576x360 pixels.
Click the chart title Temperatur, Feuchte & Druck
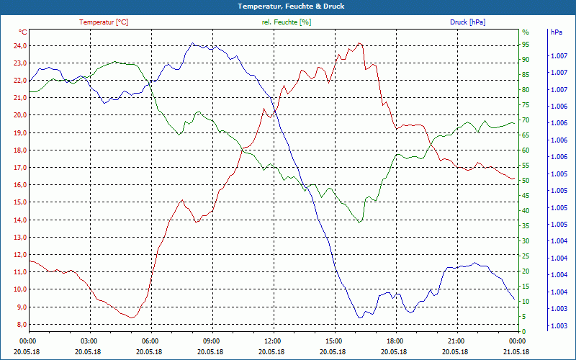click(288, 6)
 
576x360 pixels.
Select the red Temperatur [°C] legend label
click(104, 22)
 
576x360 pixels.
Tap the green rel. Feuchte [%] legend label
click(287, 22)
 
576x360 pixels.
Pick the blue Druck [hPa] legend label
click(467, 22)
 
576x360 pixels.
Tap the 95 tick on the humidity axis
click(525, 45)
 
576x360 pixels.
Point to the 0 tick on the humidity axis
click(523, 331)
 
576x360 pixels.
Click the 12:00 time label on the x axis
click(273, 341)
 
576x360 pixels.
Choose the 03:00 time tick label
click(89, 341)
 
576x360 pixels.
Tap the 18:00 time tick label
click(395, 341)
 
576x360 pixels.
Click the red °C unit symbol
click(23, 32)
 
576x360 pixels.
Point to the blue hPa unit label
click(557, 32)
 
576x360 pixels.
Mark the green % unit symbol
click(525, 32)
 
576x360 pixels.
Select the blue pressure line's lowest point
click(359, 318)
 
